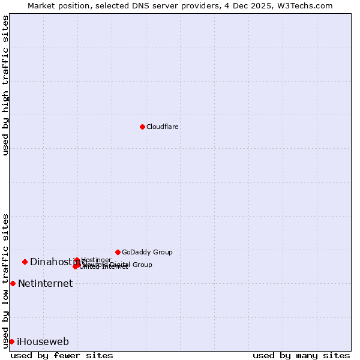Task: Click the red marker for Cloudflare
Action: point(142,127)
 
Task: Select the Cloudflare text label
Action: point(163,127)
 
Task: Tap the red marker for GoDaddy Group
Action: point(118,252)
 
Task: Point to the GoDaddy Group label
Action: point(147,252)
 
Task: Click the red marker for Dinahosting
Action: point(25,262)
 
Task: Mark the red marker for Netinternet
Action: point(13,283)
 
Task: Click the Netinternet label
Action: point(45,284)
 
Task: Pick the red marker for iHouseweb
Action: point(11,341)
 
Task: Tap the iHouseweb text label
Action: point(43,342)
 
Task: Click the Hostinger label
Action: point(96,260)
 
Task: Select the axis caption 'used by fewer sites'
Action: point(62,356)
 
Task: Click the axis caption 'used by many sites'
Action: point(301,356)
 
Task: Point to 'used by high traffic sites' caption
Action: point(6,85)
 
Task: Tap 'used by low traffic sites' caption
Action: point(6,280)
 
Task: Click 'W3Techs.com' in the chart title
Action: point(308,5)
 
